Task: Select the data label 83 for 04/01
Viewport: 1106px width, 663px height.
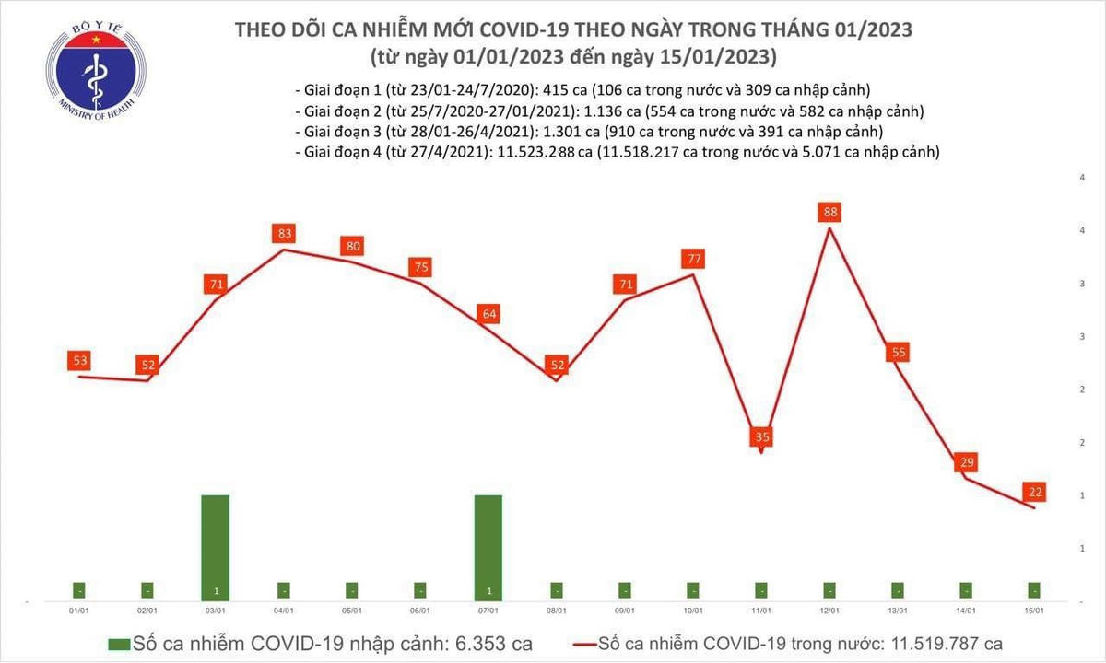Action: (283, 234)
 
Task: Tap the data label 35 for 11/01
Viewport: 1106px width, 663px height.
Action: (761, 436)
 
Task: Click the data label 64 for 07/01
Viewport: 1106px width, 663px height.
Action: (489, 314)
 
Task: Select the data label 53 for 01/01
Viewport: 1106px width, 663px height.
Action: (78, 360)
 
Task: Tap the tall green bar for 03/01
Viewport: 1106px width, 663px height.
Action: (215, 548)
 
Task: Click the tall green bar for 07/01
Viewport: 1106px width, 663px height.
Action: (488, 548)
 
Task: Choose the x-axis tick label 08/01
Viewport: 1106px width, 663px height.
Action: (556, 610)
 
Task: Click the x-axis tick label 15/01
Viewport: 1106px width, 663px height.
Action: (1034, 610)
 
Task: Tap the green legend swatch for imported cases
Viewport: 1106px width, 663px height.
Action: (119, 643)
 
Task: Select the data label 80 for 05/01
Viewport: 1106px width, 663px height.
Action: (352, 246)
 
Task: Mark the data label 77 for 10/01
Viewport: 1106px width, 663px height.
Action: (693, 259)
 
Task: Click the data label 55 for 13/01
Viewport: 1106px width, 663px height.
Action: (898, 352)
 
